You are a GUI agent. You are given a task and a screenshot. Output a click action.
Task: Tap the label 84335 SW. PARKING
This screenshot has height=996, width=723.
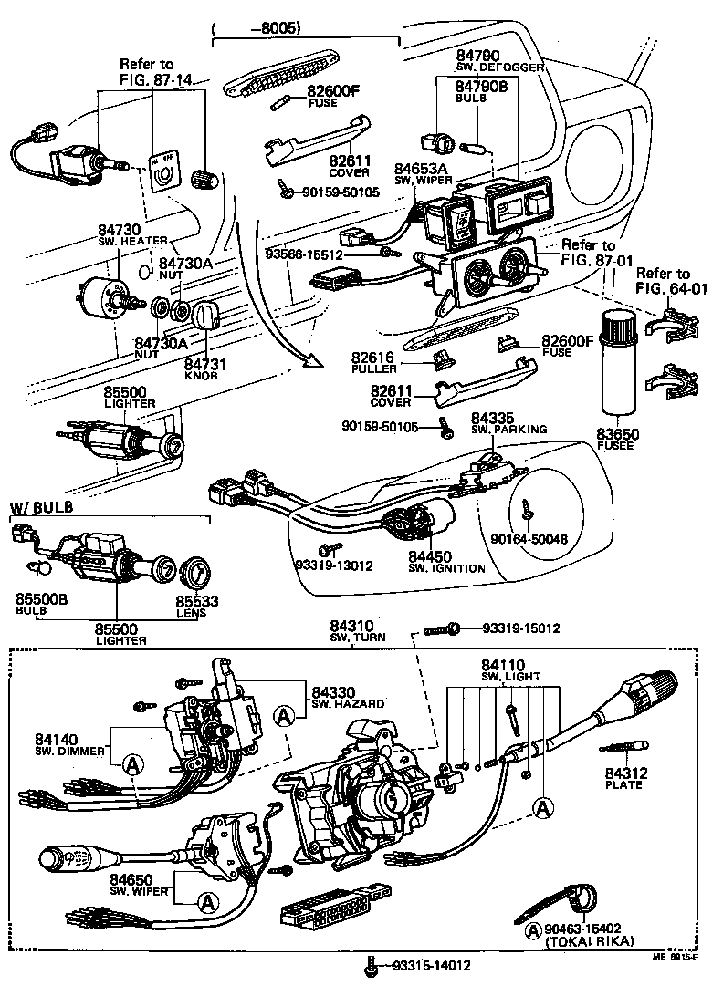coord(508,422)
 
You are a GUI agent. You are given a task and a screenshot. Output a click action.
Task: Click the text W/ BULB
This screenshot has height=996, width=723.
coord(41,507)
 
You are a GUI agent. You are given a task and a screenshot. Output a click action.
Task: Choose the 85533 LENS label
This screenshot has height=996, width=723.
coord(191,607)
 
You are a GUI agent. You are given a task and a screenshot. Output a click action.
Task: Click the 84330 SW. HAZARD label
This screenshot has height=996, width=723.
coord(347,697)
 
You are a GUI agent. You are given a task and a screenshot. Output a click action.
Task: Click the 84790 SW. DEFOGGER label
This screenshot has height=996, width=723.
coord(499,60)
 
